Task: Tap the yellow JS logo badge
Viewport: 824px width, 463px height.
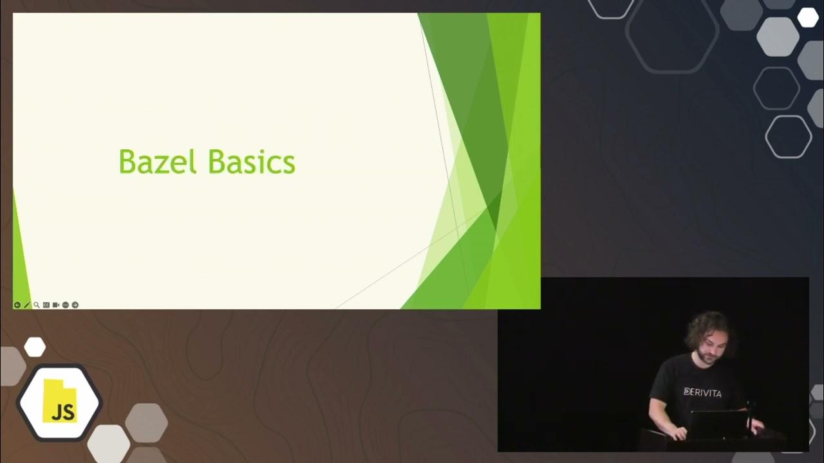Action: click(x=59, y=401)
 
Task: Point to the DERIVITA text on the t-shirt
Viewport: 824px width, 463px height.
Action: click(x=702, y=392)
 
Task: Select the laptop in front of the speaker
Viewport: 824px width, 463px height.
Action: click(x=718, y=425)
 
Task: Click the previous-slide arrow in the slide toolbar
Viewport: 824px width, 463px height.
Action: click(x=17, y=305)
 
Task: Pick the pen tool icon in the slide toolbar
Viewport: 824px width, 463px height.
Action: click(x=27, y=305)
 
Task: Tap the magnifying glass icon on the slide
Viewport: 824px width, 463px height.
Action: click(x=37, y=305)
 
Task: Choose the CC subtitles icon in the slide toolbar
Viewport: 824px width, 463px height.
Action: click(x=46, y=305)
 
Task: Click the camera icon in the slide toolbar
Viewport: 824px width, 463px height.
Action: click(x=56, y=305)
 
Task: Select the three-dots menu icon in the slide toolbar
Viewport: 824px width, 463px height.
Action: click(x=66, y=305)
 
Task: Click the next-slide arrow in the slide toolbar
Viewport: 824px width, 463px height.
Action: click(x=75, y=305)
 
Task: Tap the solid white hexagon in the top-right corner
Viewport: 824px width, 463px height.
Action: click(x=808, y=17)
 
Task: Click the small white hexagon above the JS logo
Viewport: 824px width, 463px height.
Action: click(x=35, y=347)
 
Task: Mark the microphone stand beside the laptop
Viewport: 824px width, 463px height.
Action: click(x=749, y=415)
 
